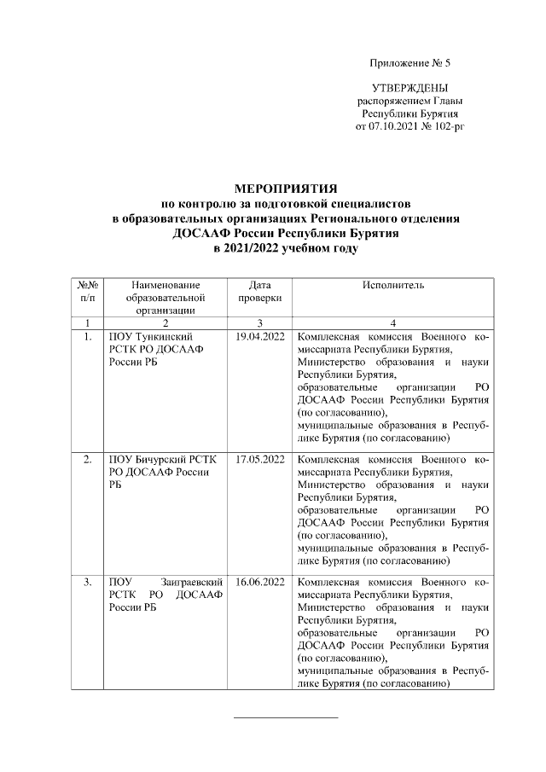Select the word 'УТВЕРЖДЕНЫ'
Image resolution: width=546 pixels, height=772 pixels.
point(410,89)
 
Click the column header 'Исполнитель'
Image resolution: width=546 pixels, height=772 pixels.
point(392,284)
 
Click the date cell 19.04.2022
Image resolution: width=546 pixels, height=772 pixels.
point(259,337)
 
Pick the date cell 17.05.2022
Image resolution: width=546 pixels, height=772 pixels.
point(259,460)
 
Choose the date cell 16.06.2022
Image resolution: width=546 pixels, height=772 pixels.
point(259,583)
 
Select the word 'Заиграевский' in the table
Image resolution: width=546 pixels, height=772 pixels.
point(188,583)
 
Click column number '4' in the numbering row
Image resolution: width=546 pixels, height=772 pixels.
point(392,322)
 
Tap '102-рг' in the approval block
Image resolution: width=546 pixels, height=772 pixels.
point(449,125)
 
